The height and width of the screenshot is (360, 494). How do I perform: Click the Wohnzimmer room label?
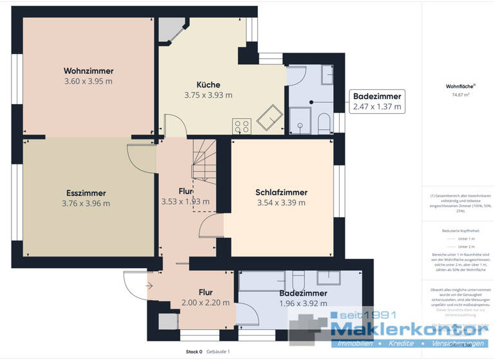pos(88,71)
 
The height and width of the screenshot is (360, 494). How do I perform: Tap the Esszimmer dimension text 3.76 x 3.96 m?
pos(86,204)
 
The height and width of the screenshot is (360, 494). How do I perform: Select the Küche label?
pos(208,85)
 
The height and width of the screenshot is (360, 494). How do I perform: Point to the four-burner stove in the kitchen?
pos(241,127)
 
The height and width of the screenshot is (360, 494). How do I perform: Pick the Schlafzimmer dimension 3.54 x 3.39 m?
pos(281,203)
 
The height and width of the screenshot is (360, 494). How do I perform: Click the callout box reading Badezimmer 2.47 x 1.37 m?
pos(377,102)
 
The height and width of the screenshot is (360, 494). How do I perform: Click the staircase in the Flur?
pos(205,166)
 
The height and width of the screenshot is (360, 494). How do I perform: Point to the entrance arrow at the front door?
pos(149,286)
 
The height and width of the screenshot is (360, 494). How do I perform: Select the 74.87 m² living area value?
pos(457,94)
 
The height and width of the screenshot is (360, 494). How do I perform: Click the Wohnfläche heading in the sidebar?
pos(457,85)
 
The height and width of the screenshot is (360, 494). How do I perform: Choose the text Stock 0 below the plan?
pos(194,352)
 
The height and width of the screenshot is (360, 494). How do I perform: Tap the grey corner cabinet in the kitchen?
pos(171,30)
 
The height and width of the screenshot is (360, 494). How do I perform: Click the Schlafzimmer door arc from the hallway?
pos(211,226)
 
